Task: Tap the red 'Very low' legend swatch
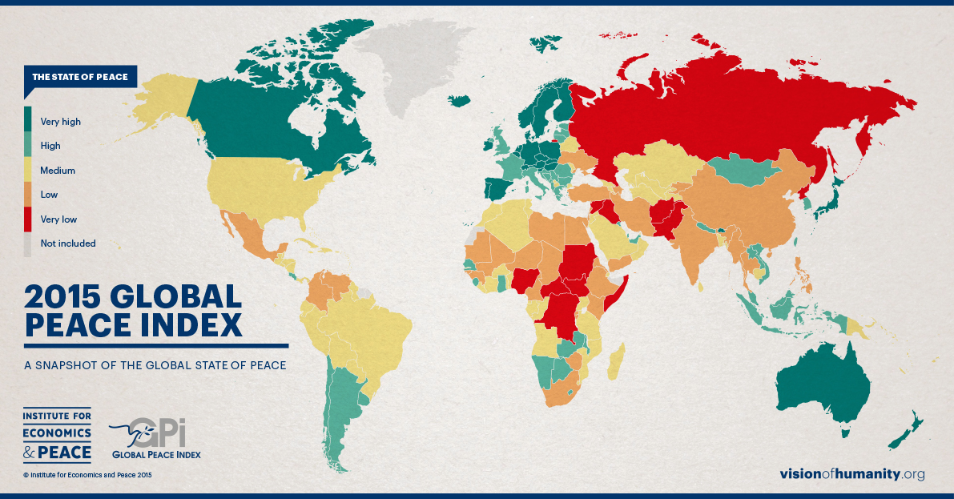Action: click(x=28, y=219)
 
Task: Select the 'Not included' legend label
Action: click(x=68, y=243)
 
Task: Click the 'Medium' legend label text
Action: click(x=58, y=171)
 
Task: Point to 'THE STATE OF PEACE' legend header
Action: click(x=79, y=77)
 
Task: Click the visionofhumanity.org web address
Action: click(x=852, y=474)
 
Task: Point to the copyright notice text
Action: click(x=87, y=475)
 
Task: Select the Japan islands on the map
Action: click(x=833, y=192)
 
